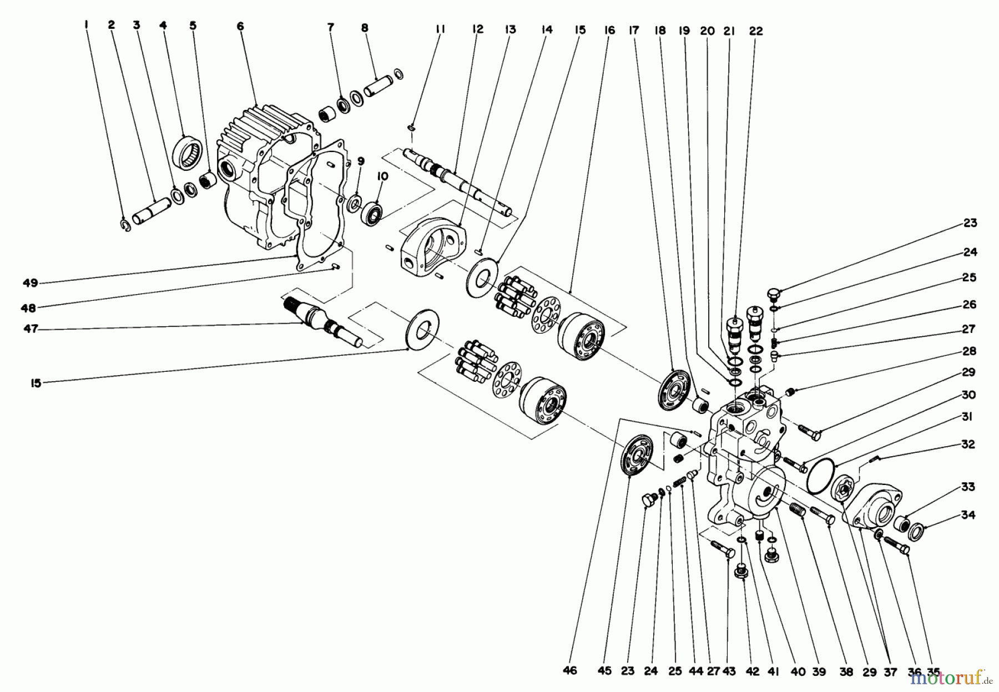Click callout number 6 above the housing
tap(240, 26)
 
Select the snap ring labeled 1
tap(126, 224)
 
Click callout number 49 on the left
tap(31, 283)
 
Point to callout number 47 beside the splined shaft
tap(31, 329)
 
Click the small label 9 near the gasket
tap(361, 161)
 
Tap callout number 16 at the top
tap(609, 31)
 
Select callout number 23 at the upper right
tap(970, 223)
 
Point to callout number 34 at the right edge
tap(968, 515)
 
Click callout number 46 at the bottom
tap(569, 670)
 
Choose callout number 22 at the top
tap(755, 32)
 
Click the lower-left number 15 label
tap(36, 383)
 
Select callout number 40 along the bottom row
tap(798, 671)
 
